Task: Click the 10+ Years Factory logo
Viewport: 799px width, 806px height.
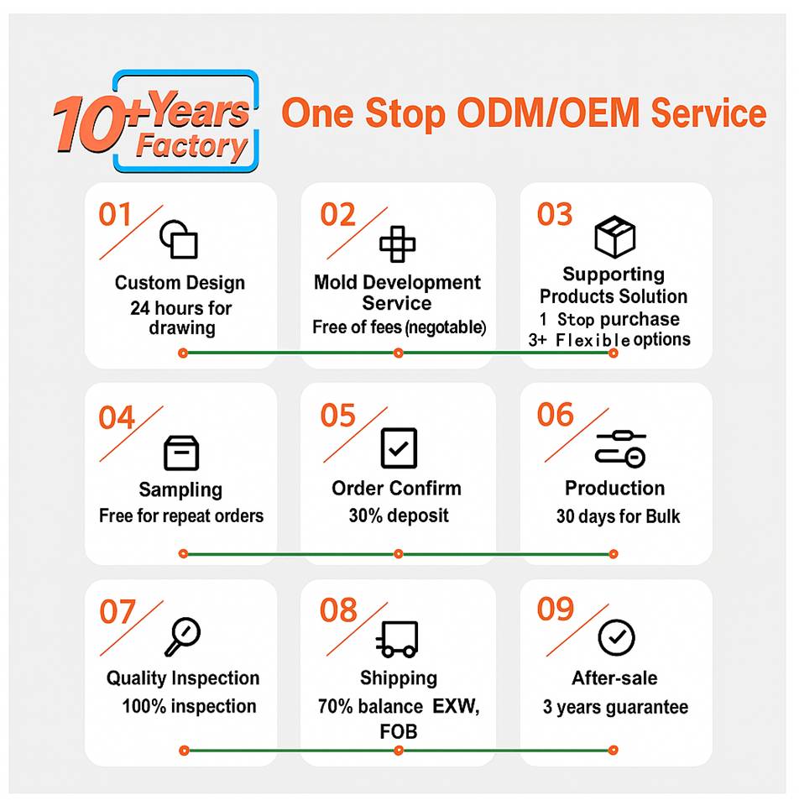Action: click(155, 122)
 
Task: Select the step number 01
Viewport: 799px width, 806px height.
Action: click(116, 215)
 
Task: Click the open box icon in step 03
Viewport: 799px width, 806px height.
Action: click(614, 237)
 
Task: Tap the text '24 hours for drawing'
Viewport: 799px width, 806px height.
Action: click(181, 317)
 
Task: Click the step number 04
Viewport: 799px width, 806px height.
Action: click(117, 417)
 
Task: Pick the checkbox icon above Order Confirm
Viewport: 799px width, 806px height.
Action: click(398, 448)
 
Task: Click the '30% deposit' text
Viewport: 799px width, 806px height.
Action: click(398, 516)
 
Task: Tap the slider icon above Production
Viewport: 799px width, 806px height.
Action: click(620, 448)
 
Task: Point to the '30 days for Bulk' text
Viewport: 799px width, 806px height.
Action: click(618, 516)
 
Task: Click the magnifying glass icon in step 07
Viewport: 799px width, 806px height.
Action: click(181, 636)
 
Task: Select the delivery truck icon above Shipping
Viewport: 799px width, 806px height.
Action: click(397, 640)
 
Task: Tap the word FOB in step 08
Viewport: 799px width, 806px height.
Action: click(398, 731)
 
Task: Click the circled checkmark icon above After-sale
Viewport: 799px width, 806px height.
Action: click(616, 638)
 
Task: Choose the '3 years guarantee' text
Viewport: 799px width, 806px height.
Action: click(615, 707)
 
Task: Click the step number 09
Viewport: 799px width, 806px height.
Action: click(556, 610)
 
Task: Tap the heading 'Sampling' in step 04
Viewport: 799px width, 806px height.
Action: click(180, 489)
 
